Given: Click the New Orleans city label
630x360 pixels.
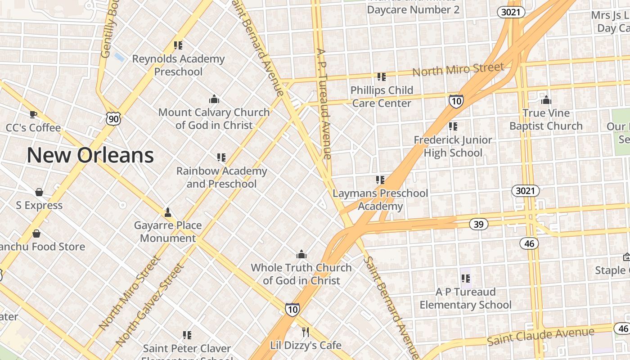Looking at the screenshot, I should tap(90, 155).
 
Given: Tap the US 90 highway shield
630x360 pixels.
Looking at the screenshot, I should tap(113, 119).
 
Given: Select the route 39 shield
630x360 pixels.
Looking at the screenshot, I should tap(478, 224).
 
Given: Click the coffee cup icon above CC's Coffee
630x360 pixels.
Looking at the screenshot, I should tap(33, 114).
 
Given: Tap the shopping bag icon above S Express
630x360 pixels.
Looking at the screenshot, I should tap(39, 192).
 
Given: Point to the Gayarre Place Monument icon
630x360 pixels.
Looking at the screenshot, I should tap(168, 212).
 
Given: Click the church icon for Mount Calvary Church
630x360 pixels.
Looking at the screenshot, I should tap(214, 99).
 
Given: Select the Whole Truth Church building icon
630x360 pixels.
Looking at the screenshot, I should tap(301, 254).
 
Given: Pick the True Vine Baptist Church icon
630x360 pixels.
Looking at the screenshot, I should tap(546, 99).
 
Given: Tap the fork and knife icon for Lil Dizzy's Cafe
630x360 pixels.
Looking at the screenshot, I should tap(306, 332).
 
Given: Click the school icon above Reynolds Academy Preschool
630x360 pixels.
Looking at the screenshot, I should tap(178, 45).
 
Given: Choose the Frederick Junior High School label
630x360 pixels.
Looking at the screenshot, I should tap(453, 146).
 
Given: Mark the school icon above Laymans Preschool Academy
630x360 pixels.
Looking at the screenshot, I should tap(380, 180).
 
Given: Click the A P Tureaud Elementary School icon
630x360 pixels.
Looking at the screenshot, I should tap(465, 279).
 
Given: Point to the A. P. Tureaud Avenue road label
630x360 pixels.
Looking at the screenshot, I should tap(324, 103).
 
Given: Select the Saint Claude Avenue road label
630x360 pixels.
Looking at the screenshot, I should tap(540, 337).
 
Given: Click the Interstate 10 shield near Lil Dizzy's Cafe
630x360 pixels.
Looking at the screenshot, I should tap(292, 309).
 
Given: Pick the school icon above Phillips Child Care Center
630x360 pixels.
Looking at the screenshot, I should tap(382, 77).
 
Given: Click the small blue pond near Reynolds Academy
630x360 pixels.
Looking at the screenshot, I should tap(119, 57).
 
